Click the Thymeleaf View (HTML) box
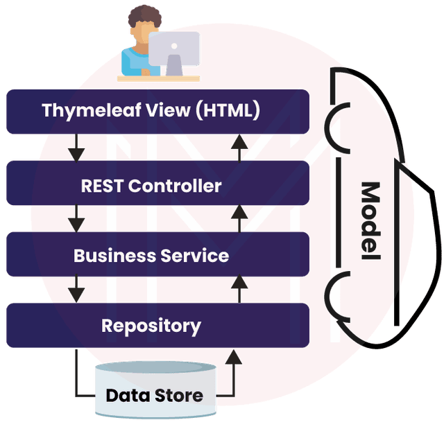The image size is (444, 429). (157, 111)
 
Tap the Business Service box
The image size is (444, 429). (157, 255)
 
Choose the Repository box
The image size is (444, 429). (157, 325)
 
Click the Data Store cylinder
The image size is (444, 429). (154, 394)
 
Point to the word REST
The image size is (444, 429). (103, 186)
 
